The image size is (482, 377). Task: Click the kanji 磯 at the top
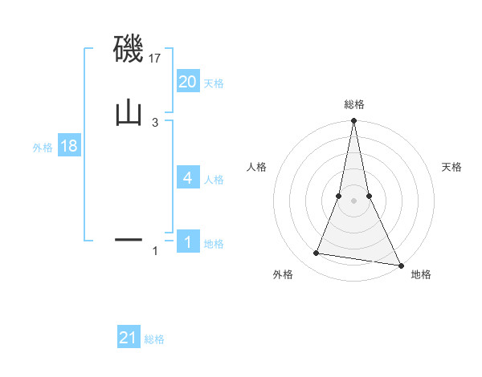click(129, 51)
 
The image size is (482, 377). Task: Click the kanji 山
click(129, 112)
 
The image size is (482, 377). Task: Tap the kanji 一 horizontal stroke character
click(129, 239)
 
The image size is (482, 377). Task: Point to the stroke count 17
click(155, 59)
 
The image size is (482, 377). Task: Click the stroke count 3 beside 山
click(155, 122)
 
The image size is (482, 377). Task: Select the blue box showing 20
click(188, 81)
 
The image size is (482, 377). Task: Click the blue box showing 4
click(188, 177)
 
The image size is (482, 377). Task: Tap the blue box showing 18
click(69, 146)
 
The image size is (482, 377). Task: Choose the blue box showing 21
click(129, 338)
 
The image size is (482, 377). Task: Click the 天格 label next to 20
click(214, 83)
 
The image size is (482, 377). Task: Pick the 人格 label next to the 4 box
click(214, 179)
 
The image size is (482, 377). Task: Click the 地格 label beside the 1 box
click(214, 244)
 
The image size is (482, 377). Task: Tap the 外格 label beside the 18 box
click(43, 148)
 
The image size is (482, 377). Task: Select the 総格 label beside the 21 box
click(154, 339)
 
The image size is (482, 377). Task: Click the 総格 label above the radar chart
click(353, 104)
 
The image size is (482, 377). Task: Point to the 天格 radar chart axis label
click(451, 167)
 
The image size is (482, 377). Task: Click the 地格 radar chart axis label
click(421, 274)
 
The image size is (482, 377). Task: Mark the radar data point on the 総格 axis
click(353, 122)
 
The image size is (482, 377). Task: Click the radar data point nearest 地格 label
click(400, 265)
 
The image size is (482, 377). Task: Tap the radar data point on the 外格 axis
click(317, 253)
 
